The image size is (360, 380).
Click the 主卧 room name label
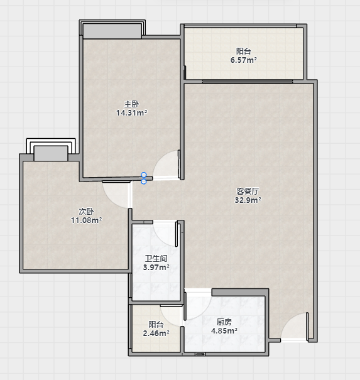132,104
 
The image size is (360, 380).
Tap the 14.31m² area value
132,112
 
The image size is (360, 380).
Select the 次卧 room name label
86,212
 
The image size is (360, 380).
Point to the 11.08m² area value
86,220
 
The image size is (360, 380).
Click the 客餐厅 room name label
248,191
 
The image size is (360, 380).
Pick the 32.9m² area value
248,200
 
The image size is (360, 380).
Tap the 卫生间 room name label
156,259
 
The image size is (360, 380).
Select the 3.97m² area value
156,268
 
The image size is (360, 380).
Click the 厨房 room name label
224,322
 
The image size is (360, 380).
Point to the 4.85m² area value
224,330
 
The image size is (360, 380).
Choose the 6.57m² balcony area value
244,60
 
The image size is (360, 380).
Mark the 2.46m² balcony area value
156,334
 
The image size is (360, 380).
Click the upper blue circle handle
144,175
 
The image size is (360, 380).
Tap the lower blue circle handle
144,182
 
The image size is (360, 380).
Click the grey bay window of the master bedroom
112,31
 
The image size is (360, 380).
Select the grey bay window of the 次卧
51,153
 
